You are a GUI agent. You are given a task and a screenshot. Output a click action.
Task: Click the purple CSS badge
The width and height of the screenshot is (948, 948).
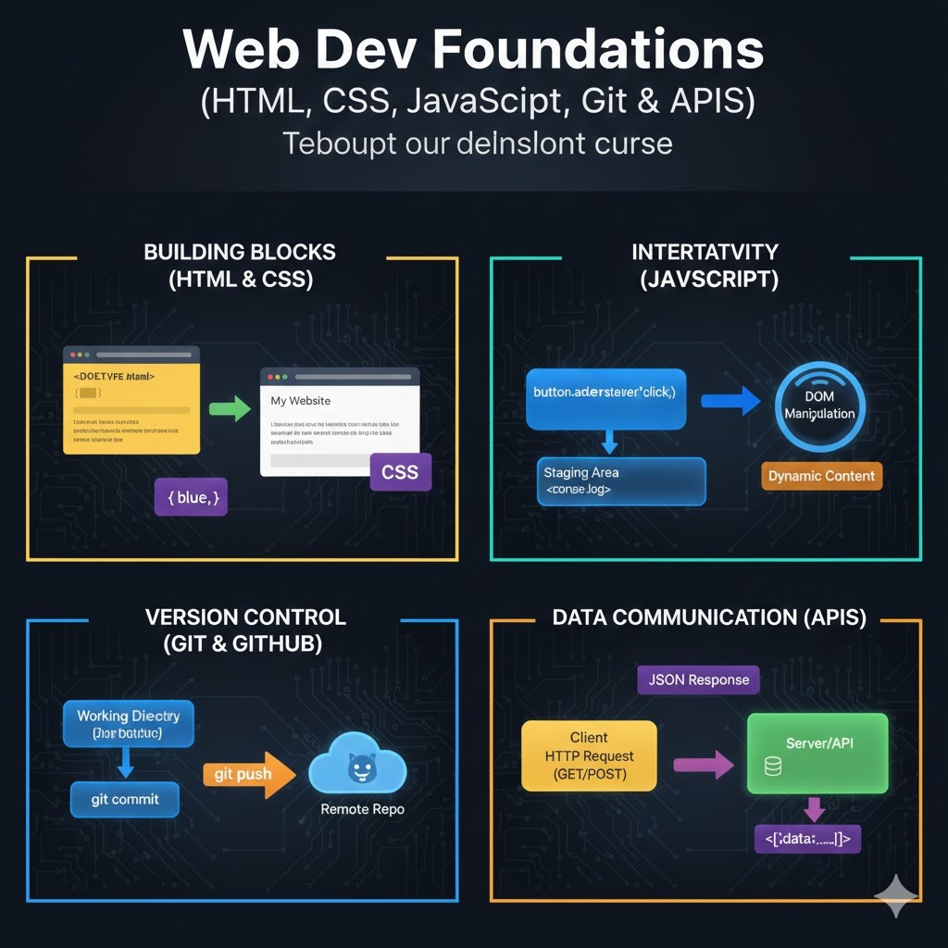coord(400,472)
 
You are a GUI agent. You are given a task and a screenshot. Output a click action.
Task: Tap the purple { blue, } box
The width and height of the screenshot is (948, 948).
coord(191,497)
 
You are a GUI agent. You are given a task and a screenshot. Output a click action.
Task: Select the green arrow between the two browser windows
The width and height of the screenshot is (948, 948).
coord(230,408)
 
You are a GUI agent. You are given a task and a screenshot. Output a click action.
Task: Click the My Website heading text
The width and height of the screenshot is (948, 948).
coord(300,401)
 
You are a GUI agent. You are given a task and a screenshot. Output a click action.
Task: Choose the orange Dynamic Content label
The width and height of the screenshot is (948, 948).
coord(821,476)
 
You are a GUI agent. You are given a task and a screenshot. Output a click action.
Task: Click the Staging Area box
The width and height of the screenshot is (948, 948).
coord(621,481)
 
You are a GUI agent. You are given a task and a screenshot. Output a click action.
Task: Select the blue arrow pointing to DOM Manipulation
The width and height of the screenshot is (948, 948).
coord(731,401)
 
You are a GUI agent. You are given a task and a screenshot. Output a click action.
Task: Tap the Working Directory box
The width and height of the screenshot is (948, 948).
coord(128,723)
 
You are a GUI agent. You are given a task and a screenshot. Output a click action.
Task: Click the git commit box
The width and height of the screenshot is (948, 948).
coord(125,799)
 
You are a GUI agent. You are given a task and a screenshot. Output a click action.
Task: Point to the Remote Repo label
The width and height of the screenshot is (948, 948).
coord(362,809)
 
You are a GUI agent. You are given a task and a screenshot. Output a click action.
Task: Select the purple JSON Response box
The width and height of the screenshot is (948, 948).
coord(698,680)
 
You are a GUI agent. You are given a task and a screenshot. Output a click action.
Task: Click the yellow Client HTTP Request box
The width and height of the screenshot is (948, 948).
coord(589,755)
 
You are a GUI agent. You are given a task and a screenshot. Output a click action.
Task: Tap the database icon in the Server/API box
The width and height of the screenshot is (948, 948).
coord(772,767)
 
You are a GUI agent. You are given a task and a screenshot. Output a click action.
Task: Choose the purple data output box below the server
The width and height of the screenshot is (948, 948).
coord(808,839)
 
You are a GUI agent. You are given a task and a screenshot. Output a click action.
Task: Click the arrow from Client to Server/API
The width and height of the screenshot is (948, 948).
coord(703,765)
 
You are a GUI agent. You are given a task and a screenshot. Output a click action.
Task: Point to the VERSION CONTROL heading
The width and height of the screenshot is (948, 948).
coord(245,617)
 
